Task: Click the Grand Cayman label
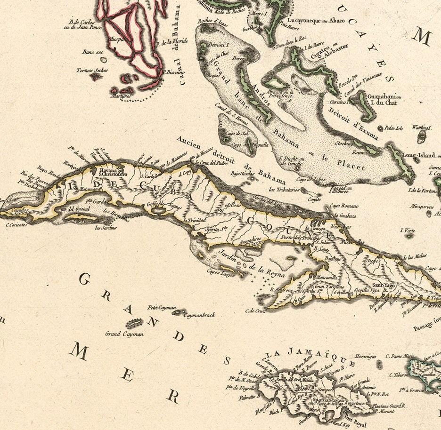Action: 124,334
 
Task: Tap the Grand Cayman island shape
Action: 134,323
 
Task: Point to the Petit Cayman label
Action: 158,308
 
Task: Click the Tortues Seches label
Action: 89,71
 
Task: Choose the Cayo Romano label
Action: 343,206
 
